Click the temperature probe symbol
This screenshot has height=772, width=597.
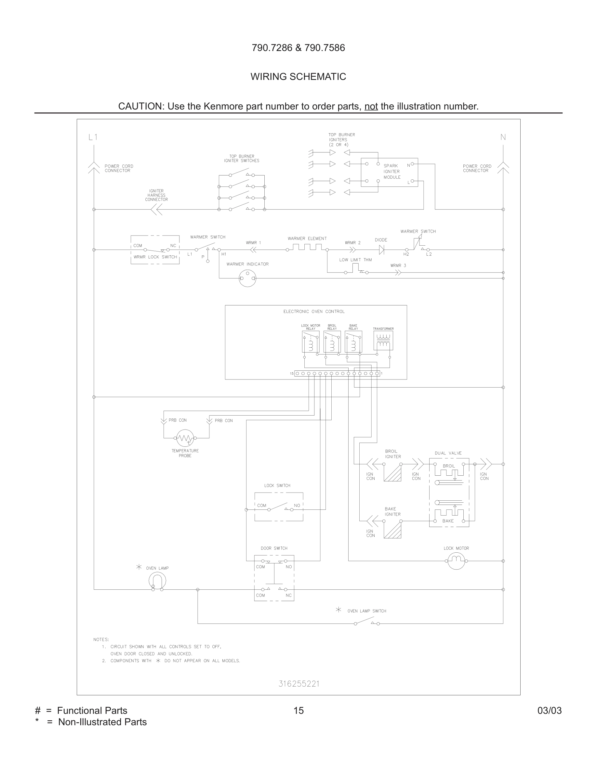click(x=185, y=438)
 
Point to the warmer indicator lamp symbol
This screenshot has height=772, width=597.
click(x=247, y=278)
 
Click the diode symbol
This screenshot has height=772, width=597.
click(x=381, y=250)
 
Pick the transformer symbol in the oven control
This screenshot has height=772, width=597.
click(x=383, y=341)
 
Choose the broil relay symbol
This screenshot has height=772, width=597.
click(x=332, y=341)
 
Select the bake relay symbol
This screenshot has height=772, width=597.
click(x=353, y=341)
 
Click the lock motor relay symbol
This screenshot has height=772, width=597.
click(x=311, y=341)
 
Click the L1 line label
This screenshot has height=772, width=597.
click(x=93, y=137)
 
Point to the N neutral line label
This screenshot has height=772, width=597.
click(x=503, y=137)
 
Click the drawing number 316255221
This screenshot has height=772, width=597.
click(x=299, y=684)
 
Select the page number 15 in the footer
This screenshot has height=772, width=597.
click(x=298, y=711)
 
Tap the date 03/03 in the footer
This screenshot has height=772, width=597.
click(x=549, y=711)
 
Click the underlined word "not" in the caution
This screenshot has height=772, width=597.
click(x=371, y=106)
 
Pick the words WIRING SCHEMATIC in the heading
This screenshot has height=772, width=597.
click(x=298, y=77)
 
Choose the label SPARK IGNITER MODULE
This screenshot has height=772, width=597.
click(x=392, y=172)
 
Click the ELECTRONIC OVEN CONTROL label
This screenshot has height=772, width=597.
click(x=314, y=311)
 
